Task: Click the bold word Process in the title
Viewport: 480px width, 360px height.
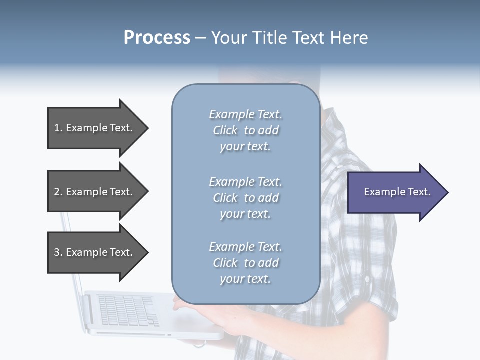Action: click(x=157, y=38)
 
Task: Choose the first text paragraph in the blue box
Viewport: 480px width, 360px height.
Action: click(x=245, y=130)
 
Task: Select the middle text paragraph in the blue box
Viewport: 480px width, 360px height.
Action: click(x=245, y=198)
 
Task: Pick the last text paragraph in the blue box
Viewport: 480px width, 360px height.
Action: click(x=245, y=263)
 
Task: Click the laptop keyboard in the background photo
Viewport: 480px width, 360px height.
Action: click(x=127, y=310)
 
